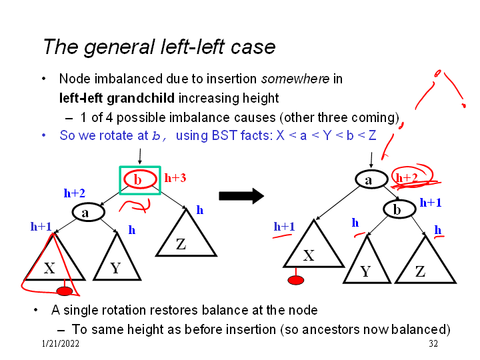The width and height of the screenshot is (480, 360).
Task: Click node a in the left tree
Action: tap(85, 213)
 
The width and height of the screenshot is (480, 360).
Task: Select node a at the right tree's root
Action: tap(368, 179)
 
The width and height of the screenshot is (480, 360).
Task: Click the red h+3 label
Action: tap(175, 178)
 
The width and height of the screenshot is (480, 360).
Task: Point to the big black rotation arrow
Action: tap(241, 196)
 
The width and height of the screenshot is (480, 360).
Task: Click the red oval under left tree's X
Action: tap(64, 291)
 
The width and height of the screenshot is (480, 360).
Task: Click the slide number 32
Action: tap(433, 343)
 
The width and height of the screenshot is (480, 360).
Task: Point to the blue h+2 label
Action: tap(74, 193)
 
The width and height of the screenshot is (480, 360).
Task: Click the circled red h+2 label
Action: tap(407, 177)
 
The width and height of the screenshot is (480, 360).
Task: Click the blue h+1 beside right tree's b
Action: tap(430, 202)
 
